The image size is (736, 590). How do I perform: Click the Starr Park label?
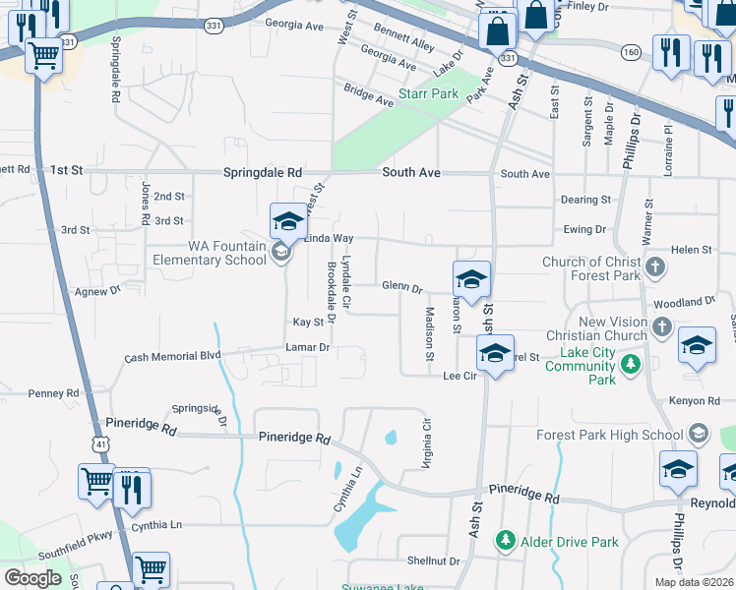[428, 93]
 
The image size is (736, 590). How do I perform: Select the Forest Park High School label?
[609, 435]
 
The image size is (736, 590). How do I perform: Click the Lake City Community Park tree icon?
[630, 367]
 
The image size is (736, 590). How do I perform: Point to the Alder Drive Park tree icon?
[505, 540]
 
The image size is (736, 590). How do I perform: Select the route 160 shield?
[632, 51]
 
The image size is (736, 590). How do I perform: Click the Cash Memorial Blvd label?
[172, 356]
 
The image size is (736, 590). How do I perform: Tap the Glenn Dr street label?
[401, 287]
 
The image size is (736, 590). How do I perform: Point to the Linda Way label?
[329, 238]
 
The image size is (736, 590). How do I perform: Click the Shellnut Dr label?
[433, 560]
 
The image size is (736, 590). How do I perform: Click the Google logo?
[32, 577]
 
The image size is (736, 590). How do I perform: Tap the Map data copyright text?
[693, 582]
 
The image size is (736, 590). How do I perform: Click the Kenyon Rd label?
[700, 401]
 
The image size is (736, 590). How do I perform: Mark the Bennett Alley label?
[404, 45]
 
